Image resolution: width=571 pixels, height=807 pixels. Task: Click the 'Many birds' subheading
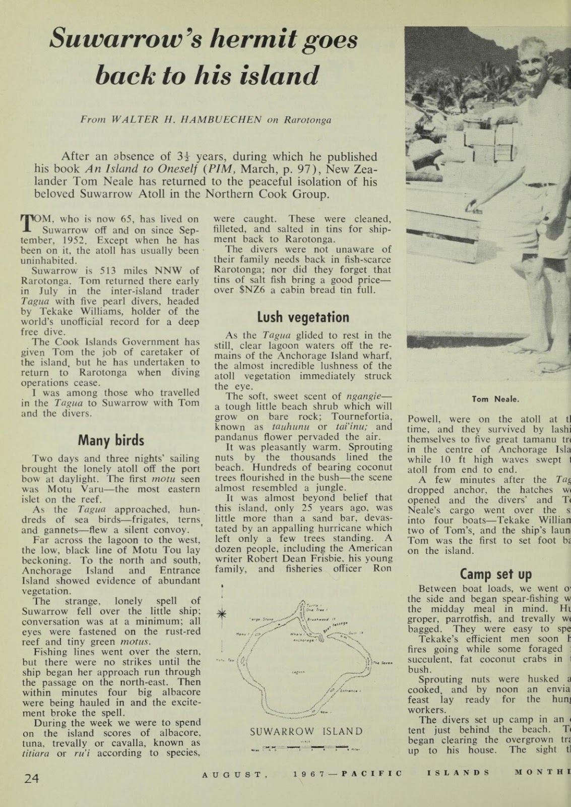[111, 440]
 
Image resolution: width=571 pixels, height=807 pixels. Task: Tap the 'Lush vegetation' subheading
[303, 317]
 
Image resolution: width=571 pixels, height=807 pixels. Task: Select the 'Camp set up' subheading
[496, 574]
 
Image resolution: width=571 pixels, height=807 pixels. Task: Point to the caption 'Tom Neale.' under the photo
[495, 399]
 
